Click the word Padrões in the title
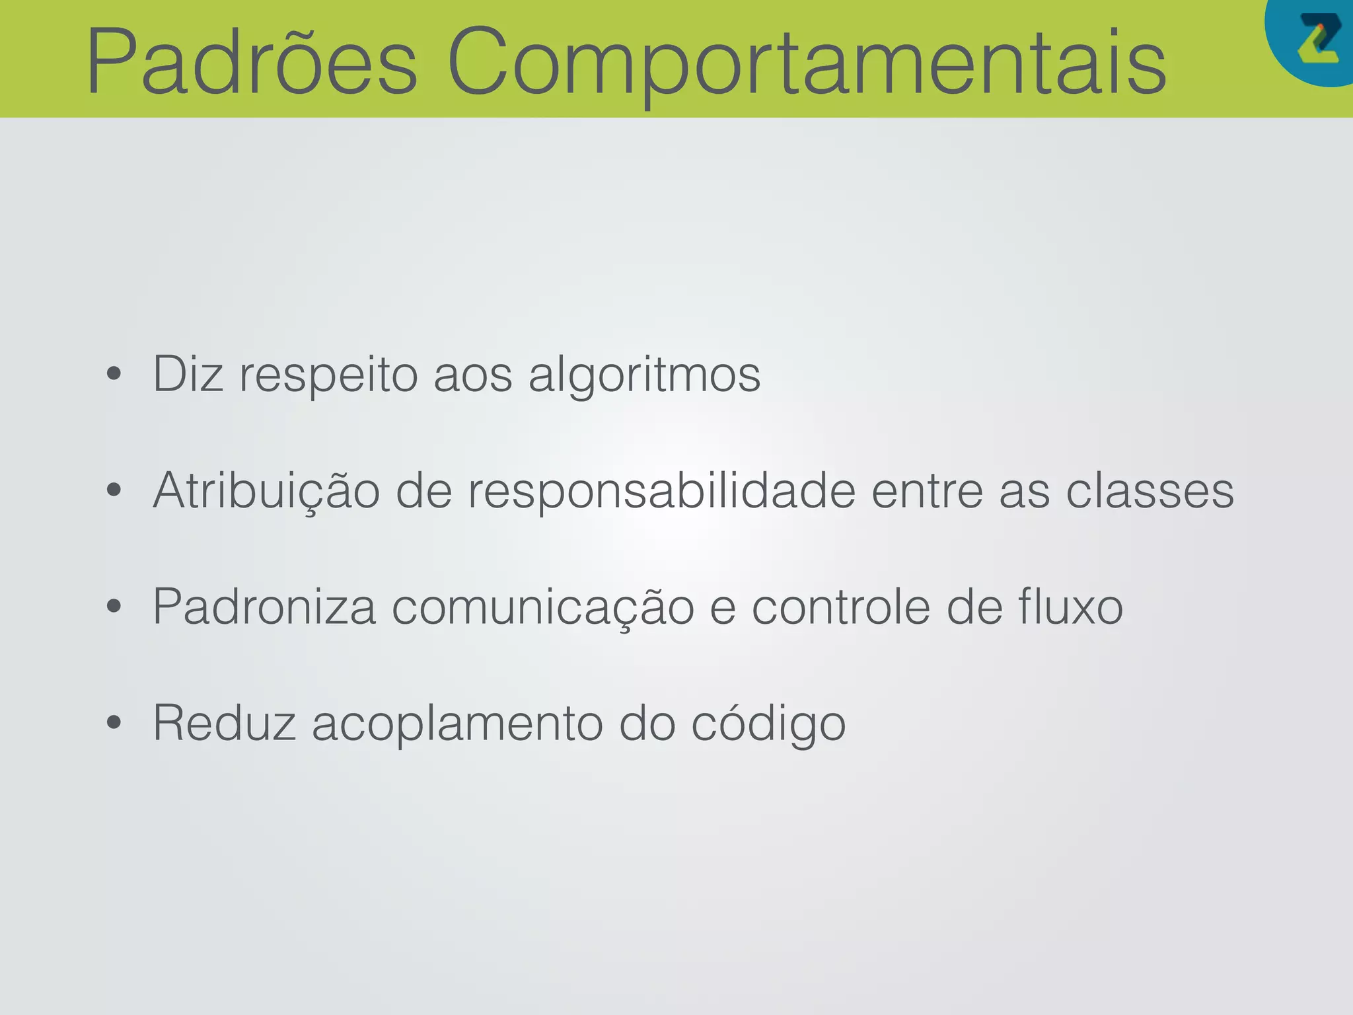pyautogui.click(x=252, y=61)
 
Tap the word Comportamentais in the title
pyautogui.click(x=807, y=61)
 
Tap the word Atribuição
pyautogui.click(x=266, y=491)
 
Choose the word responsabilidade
pyautogui.click(x=661, y=491)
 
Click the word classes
pyautogui.click(x=1150, y=491)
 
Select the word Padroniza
pyautogui.click(x=264, y=607)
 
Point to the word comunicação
pyautogui.click(x=542, y=607)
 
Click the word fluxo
pyautogui.click(x=1070, y=607)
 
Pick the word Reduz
pyautogui.click(x=224, y=723)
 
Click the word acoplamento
pyautogui.click(x=457, y=723)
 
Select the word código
pyautogui.click(x=768, y=723)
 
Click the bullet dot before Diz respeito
pyautogui.click(x=114, y=374)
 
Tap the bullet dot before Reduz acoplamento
pyautogui.click(x=114, y=722)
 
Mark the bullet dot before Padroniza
pyautogui.click(x=114, y=606)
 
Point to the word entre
pyautogui.click(x=928, y=491)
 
